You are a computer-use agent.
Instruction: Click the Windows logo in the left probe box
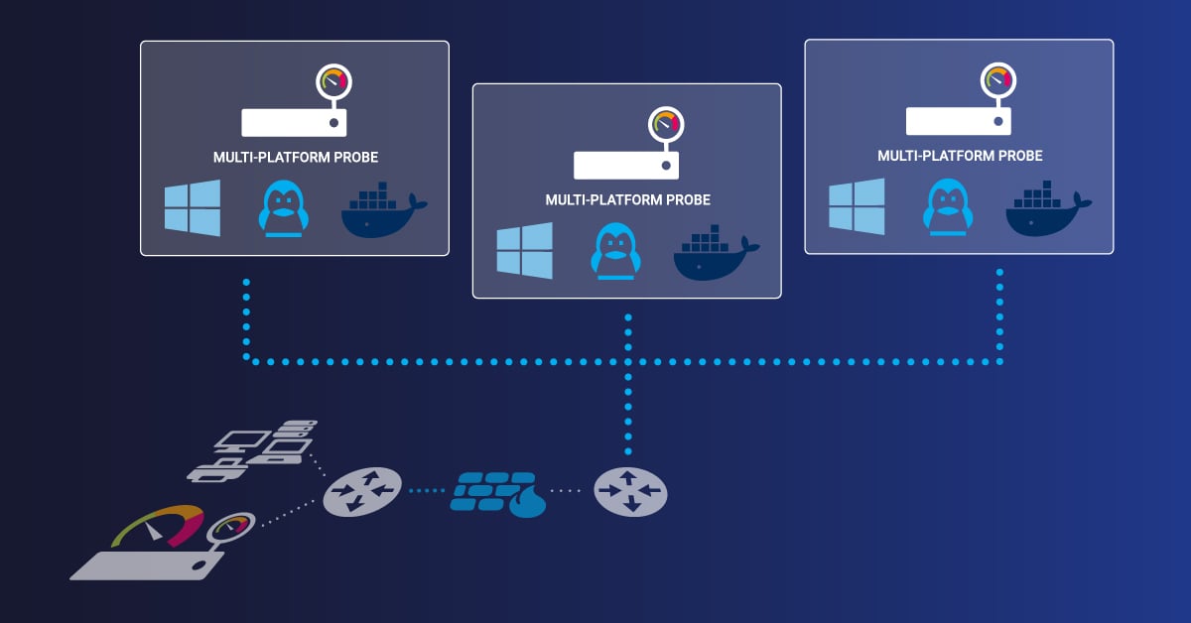[193, 208]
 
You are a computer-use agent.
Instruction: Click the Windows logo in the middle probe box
[525, 251]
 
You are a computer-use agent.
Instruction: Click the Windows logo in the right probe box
[857, 207]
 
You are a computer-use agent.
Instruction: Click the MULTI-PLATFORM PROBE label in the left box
[296, 157]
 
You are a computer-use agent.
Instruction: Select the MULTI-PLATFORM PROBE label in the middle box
[627, 200]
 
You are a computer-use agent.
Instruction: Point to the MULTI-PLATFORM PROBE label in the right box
[960, 156]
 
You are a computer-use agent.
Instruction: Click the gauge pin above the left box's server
[333, 82]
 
